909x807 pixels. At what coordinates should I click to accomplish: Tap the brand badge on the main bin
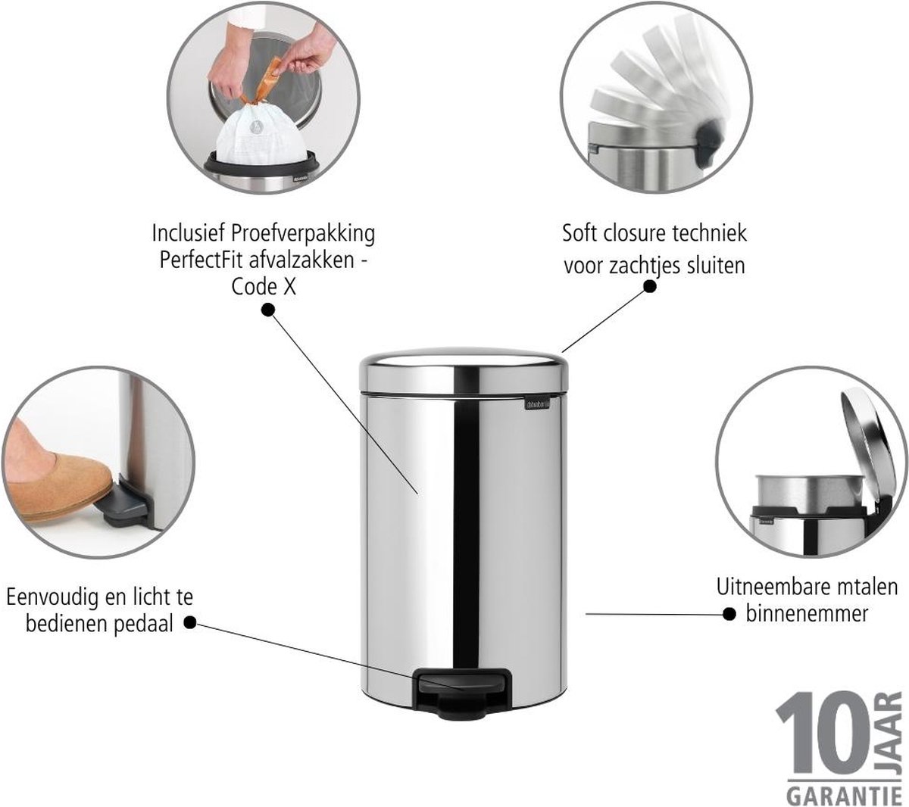point(538,405)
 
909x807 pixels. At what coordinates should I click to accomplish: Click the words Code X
point(264,287)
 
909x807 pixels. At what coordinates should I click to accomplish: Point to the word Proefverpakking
point(303,235)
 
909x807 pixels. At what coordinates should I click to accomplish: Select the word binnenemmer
point(807,614)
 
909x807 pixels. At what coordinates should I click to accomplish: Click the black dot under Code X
point(268,310)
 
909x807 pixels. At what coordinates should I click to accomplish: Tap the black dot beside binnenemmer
point(729,614)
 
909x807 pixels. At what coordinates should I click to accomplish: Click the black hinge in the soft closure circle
point(706,145)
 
